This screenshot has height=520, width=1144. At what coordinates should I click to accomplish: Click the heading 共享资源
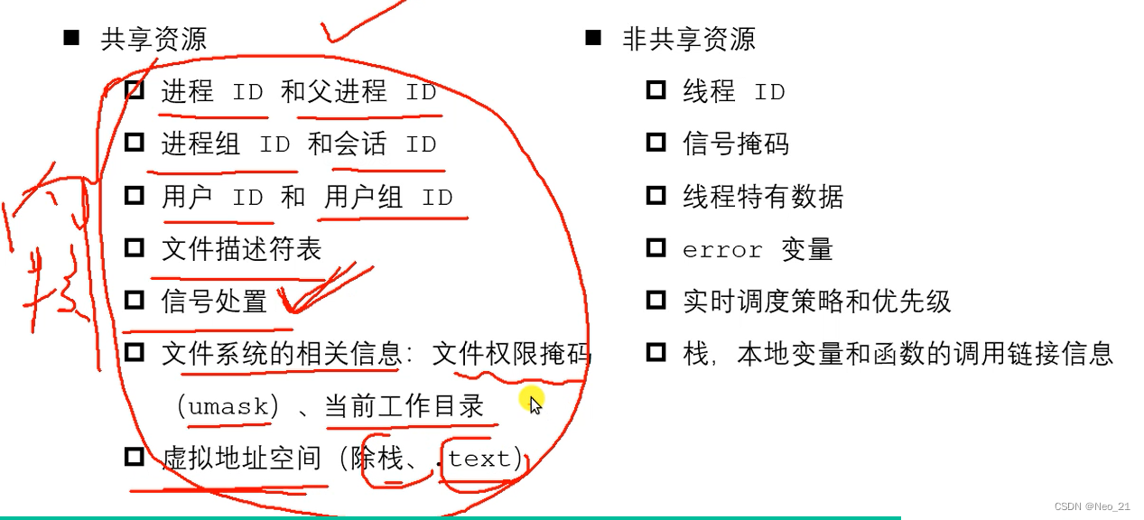click(x=153, y=40)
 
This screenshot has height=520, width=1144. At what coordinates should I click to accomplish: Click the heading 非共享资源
click(x=688, y=40)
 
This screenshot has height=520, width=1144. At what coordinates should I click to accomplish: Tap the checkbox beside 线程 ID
click(x=656, y=90)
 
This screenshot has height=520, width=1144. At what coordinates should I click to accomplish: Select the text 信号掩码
click(x=736, y=144)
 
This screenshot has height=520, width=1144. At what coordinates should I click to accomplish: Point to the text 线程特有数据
click(x=763, y=197)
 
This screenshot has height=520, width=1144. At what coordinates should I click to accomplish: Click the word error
click(x=722, y=250)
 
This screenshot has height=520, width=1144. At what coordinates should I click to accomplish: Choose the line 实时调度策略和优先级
click(x=816, y=302)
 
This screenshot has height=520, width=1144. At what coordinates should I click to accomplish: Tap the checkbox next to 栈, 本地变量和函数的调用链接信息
click(x=656, y=352)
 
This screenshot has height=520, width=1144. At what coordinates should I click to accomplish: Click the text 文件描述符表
click(x=241, y=249)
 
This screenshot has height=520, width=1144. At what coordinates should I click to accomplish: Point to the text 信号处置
click(x=214, y=302)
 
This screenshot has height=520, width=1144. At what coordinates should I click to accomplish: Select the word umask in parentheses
click(x=228, y=407)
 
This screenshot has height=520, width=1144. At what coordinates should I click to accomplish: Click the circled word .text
click(x=479, y=460)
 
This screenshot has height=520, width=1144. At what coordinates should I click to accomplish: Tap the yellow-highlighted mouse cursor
click(x=533, y=403)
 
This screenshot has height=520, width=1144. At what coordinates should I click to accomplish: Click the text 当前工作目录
click(x=404, y=407)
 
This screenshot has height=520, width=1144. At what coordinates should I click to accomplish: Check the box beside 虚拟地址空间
click(x=135, y=457)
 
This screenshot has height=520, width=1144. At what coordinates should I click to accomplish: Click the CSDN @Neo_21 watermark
click(x=1092, y=506)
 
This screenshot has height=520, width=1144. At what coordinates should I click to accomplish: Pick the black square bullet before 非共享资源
click(x=593, y=38)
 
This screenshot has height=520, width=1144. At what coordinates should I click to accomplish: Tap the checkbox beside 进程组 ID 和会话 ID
click(x=135, y=143)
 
